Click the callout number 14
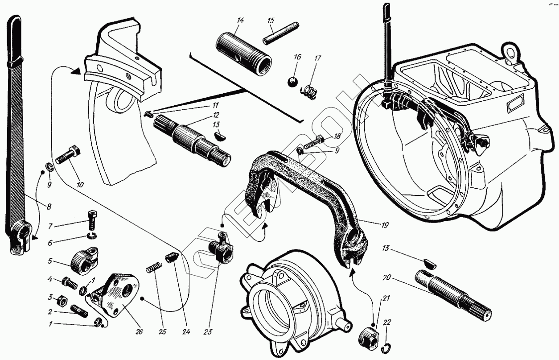[x=240, y=21]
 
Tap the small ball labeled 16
[x=292, y=82]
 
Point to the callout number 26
[x=139, y=332]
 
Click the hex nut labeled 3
[x=64, y=298]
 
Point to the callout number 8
[x=49, y=207]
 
